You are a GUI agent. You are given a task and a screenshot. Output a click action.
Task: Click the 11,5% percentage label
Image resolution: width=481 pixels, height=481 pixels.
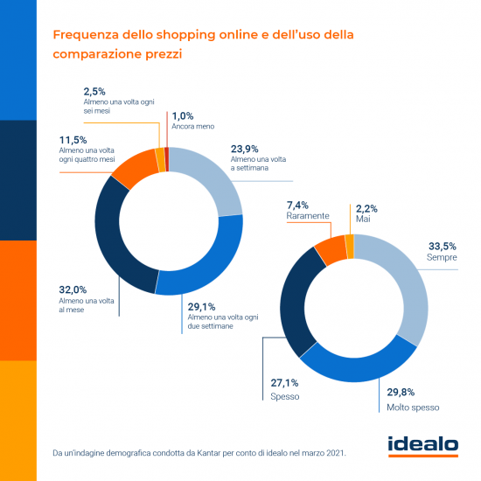[76, 140]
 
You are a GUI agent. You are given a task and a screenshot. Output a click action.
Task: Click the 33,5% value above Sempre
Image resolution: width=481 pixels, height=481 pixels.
[440, 247]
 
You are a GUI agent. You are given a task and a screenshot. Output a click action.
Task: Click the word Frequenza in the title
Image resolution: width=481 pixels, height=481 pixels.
[87, 36]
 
